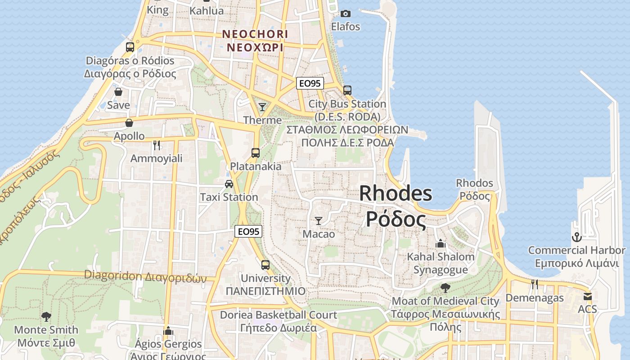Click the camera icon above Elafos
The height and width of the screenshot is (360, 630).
[346, 13]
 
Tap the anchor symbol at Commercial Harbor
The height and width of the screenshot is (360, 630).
[576, 237]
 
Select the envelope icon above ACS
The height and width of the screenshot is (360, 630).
[587, 296]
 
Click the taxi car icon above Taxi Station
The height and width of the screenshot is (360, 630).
[229, 184]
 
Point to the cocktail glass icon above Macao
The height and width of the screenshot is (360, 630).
[319, 220]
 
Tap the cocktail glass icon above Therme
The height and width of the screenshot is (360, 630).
[262, 107]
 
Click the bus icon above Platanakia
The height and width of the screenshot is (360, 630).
[256, 153]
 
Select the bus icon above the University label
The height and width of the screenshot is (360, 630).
[265, 265]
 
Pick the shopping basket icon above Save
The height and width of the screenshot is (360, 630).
[118, 92]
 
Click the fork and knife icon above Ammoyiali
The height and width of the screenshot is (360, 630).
[157, 145]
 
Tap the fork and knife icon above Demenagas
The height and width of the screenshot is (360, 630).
[534, 284]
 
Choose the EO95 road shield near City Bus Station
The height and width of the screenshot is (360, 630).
[310, 83]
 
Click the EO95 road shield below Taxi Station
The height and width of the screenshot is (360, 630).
[248, 231]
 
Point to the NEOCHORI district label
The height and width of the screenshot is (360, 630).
[255, 34]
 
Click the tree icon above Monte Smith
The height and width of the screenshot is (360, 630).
[46, 316]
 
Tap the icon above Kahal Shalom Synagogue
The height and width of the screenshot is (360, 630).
[441, 243]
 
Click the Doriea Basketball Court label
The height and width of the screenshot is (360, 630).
[278, 315]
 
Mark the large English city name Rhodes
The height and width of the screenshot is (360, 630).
[396, 193]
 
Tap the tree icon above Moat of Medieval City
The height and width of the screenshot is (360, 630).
[445, 287]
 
